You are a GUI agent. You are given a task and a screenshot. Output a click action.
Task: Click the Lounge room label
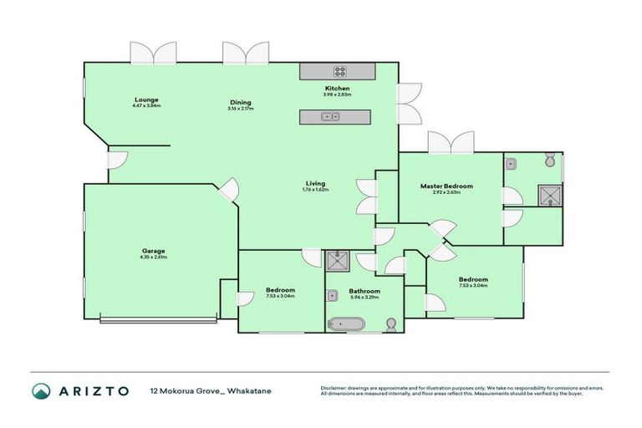coord(145,99)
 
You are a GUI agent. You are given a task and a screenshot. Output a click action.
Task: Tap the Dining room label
coord(241,103)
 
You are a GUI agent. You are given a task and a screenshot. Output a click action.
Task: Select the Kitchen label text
coord(337,89)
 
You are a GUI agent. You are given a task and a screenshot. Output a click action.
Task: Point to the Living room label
coord(315,183)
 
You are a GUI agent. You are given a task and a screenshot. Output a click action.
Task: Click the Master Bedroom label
coord(446,186)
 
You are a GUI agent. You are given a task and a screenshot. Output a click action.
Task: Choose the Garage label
coord(153,251)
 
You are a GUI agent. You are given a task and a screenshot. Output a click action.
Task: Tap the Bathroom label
coord(364,291)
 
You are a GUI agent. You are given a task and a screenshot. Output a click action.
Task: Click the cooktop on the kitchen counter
coord(341,71)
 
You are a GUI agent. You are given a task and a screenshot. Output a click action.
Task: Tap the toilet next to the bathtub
coord(390,324)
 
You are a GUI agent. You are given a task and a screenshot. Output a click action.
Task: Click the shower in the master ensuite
coord(548,196)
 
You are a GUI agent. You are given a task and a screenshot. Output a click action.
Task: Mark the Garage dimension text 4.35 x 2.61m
coord(153,257)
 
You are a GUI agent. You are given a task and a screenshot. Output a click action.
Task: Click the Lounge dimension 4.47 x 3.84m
coord(145,106)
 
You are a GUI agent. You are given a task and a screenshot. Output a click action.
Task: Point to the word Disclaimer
coord(336,388)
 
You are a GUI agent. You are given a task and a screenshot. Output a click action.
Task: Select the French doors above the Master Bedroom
coord(451,143)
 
